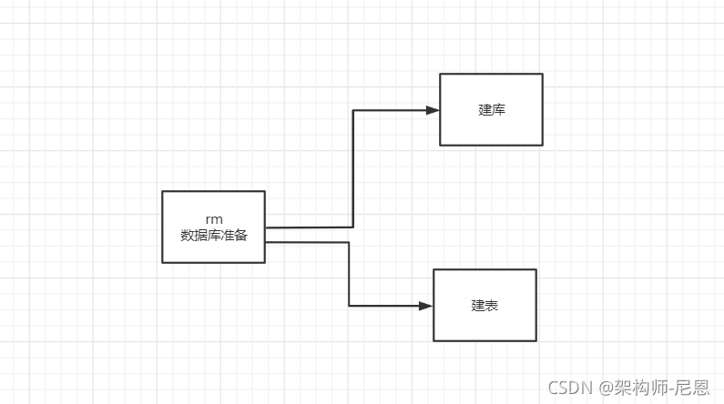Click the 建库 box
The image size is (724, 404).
(x=491, y=109)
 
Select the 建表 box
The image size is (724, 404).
(x=484, y=305)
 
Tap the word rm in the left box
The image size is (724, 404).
(x=214, y=218)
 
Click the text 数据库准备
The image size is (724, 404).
(x=214, y=234)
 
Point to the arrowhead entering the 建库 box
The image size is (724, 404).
(x=433, y=110)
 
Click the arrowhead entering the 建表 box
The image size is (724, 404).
(x=426, y=306)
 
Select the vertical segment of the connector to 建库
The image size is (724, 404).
(x=353, y=168)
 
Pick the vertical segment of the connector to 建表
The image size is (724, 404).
(x=349, y=274)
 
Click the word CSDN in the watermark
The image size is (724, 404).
(x=570, y=388)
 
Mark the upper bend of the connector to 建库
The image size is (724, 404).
(x=353, y=110)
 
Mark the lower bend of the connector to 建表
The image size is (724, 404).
(x=349, y=306)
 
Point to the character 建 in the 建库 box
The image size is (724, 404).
(x=484, y=109)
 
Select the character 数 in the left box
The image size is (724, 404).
(x=187, y=234)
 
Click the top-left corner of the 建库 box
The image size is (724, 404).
(x=440, y=74)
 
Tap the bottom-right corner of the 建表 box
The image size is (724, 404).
(x=535, y=340)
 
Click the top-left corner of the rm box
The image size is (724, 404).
(x=162, y=191)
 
